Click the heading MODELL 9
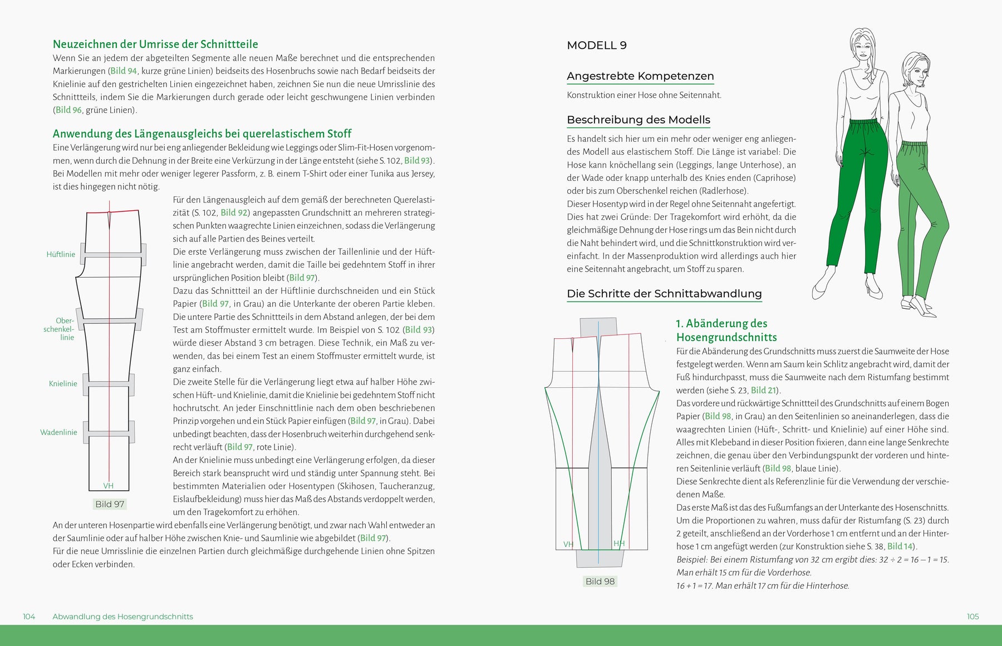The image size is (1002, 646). [x=596, y=46]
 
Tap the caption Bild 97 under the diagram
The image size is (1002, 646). [x=110, y=504]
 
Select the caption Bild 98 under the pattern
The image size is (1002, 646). [x=600, y=581]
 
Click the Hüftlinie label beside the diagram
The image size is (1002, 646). [x=61, y=254]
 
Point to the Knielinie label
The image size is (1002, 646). [x=63, y=383]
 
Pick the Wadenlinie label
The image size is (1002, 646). [x=58, y=432]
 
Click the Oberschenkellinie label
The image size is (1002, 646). [x=60, y=329]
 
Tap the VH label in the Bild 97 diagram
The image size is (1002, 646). [x=109, y=486]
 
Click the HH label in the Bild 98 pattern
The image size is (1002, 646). [x=619, y=544]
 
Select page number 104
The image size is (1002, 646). [x=29, y=617]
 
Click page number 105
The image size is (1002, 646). [x=972, y=617]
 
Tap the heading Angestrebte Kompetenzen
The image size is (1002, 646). [x=640, y=76]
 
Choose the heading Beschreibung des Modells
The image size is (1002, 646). [x=638, y=120]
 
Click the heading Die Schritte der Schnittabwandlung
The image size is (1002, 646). [x=664, y=294]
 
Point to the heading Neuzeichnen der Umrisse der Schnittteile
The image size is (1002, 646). [x=155, y=45]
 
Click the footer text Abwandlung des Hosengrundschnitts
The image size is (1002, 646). [x=122, y=617]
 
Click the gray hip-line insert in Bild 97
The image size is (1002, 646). [x=114, y=255]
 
